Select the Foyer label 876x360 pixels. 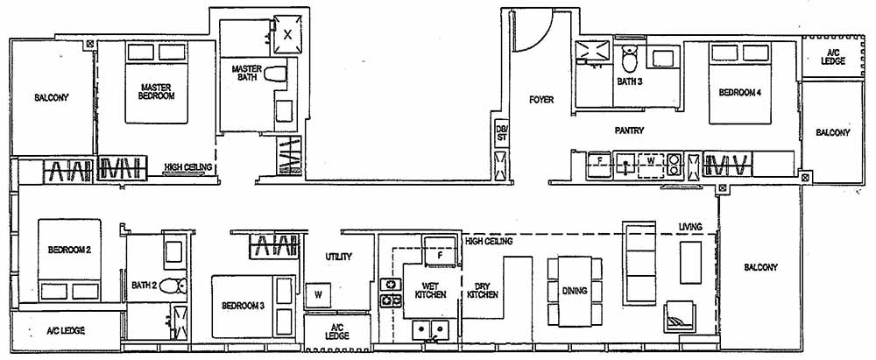[541, 100]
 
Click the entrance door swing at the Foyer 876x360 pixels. [531, 31]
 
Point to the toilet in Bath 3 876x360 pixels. [629, 60]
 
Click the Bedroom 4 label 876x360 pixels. [739, 91]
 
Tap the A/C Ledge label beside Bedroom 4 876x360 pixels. [835, 59]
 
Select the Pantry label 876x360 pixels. [630, 131]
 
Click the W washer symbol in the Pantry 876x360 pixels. [650, 161]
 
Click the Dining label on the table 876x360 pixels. [575, 292]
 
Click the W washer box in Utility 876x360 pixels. [318, 295]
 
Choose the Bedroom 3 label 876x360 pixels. [243, 306]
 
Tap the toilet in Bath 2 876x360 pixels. [177, 285]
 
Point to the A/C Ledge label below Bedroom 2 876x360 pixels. [65, 331]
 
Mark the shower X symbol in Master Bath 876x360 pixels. [289, 33]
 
